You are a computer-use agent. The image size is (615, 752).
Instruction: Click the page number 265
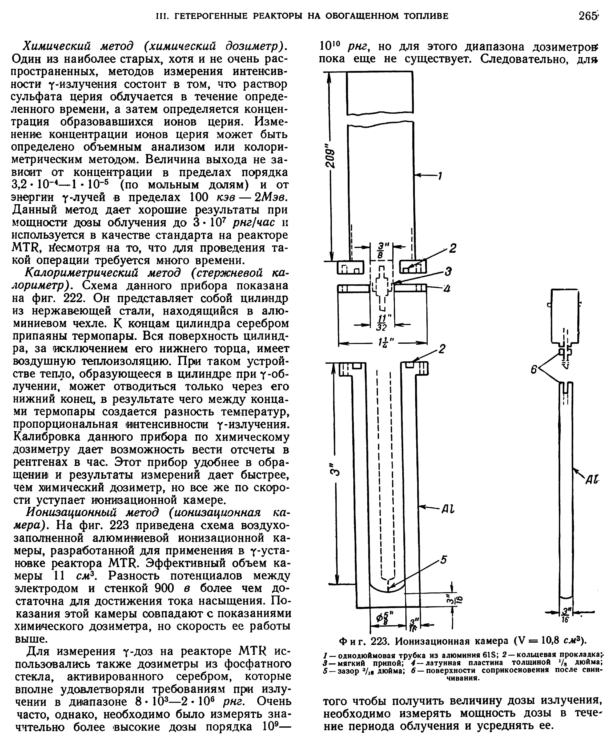click(588, 16)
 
